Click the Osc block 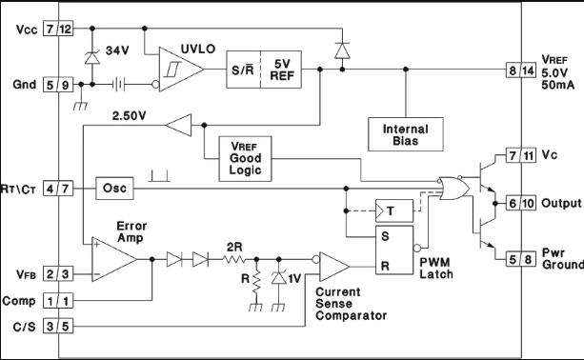point(111,189)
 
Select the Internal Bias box point(404,133)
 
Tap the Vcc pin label point(28,30)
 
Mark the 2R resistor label point(233,246)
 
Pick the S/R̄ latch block point(240,70)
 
